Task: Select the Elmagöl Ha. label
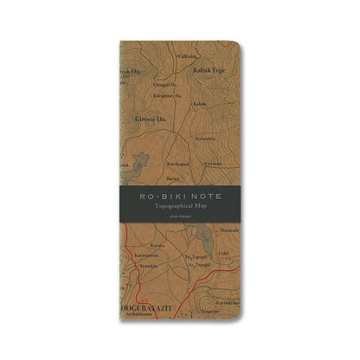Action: pyautogui.click(x=164, y=84)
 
